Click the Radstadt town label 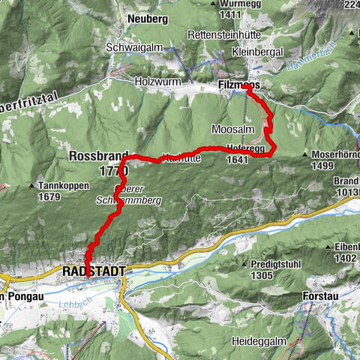click(93, 269)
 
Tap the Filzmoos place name click(238, 87)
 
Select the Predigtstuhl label click(277, 264)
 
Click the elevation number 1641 click(236, 159)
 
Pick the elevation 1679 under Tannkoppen click(49, 197)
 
